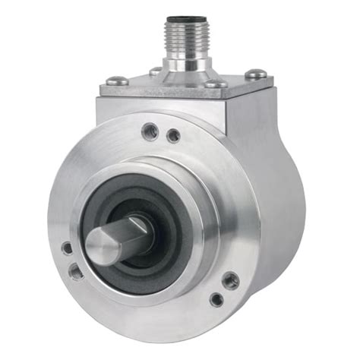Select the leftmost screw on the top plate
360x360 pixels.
(117, 80)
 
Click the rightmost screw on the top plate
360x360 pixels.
(257, 74)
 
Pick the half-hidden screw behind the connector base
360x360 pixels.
(156, 71)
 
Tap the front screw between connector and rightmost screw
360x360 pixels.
(215, 84)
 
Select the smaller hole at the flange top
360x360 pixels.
(174, 136)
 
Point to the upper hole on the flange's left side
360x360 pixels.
(67, 248)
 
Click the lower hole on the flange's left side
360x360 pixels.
(77, 270)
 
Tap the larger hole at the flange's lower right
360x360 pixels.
(230, 281)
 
